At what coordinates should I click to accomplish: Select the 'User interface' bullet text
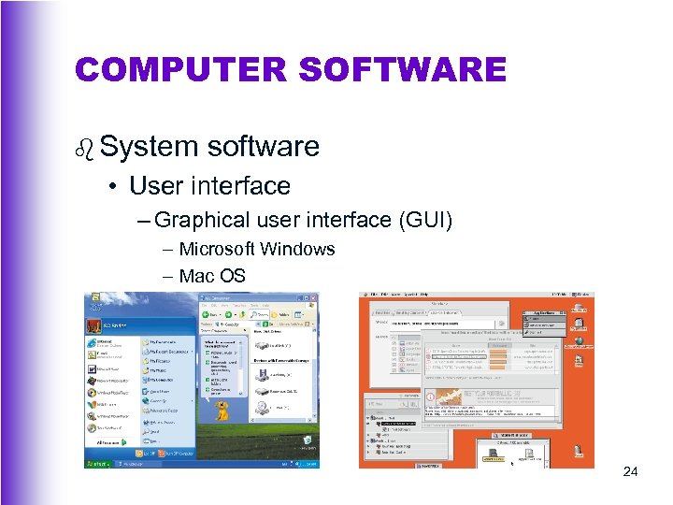tap(209, 185)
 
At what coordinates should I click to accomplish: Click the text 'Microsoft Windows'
tap(256, 249)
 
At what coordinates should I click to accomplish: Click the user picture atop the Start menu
tap(94, 326)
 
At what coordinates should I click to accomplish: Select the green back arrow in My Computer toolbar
tap(207, 316)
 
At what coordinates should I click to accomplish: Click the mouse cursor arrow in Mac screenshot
tap(511, 462)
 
